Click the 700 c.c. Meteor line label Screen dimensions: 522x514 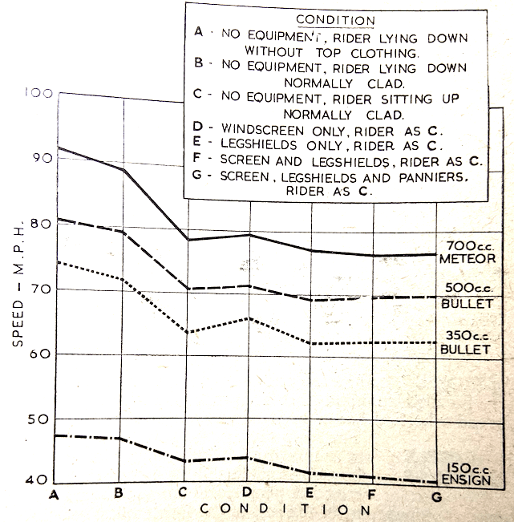(465, 251)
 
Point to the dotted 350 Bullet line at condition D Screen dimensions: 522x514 (250, 318)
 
